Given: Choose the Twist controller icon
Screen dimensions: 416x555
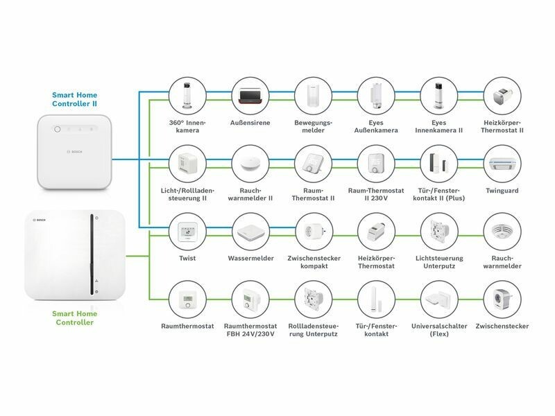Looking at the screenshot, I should [187, 231].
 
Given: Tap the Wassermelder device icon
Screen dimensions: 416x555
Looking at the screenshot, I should [249, 231].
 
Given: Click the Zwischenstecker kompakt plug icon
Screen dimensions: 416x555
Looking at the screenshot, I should [311, 231].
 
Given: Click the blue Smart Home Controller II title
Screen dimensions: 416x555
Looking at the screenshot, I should [74, 99].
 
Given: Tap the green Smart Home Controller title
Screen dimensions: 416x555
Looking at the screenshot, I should [74, 318].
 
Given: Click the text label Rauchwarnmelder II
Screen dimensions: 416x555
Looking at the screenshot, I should [250, 195].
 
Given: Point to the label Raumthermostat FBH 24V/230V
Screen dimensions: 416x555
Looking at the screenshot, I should [250, 329].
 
